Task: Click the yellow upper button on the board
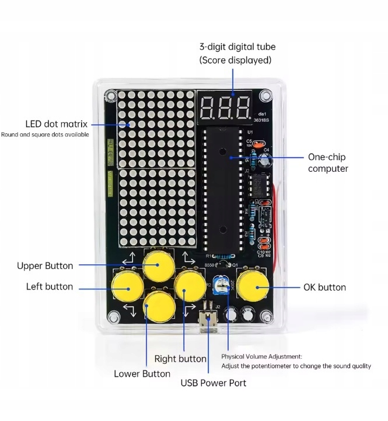[159, 266]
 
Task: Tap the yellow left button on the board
[127, 284]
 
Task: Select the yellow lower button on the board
[159, 304]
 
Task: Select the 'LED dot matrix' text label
[56, 123]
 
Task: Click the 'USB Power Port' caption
[213, 383]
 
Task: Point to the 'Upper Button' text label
[45, 266]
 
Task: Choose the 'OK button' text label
[324, 287]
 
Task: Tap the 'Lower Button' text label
[142, 373]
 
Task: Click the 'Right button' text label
[180, 359]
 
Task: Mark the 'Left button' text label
[50, 286]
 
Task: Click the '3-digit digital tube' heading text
[237, 47]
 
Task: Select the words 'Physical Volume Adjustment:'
[261, 356]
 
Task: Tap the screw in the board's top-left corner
[110, 94]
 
